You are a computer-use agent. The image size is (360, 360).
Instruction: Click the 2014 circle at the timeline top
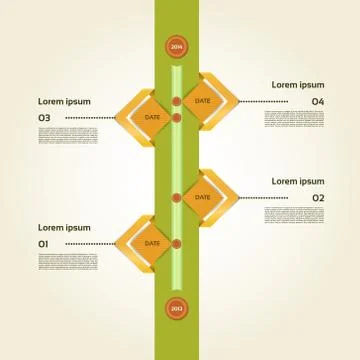pos(177,47)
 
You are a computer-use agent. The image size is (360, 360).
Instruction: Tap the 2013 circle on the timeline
pos(177,308)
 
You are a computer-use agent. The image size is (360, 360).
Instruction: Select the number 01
pos(43,244)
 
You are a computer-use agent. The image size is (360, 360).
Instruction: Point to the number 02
pos(318,198)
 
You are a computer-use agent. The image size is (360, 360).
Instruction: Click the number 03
pos(44,118)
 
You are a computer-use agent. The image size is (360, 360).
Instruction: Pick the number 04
pos(318,102)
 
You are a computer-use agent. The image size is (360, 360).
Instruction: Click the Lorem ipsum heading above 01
pos(64,228)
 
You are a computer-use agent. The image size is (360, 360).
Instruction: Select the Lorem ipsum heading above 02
pos(298,181)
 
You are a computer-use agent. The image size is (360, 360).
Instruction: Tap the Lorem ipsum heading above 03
pos(64,101)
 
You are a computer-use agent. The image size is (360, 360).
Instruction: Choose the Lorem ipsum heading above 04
pos(298,85)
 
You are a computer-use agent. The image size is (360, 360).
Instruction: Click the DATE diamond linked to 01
pos(152,243)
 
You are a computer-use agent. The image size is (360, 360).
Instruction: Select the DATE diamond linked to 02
pos(202,197)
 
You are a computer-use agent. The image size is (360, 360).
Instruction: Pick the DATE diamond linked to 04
pos(202,101)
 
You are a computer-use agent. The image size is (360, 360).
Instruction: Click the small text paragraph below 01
pos(68,262)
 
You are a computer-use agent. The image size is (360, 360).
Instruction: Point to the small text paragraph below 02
pos(294,215)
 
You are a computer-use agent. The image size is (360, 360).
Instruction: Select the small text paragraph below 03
pos(68,136)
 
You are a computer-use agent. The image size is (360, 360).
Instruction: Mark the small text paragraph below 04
pos(294,119)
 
